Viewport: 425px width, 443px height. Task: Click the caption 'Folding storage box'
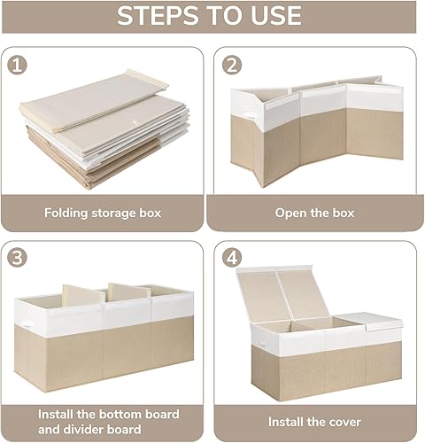tap(103, 214)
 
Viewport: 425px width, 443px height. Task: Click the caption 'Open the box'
tap(314, 214)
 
